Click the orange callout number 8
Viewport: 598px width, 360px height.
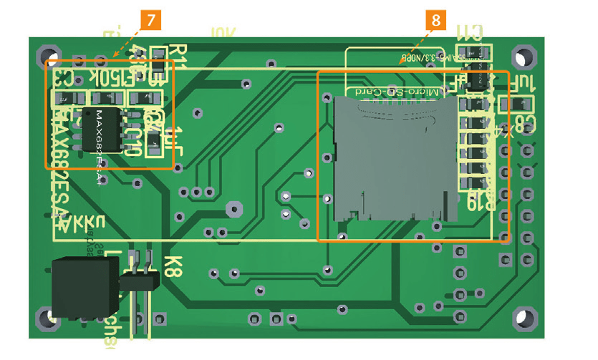[435, 20]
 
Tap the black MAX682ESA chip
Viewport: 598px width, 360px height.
[102, 130]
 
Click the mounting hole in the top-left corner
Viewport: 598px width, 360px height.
[49, 57]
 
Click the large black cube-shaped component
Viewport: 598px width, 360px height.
[82, 288]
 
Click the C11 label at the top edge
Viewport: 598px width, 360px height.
[470, 31]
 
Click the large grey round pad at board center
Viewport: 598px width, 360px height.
[233, 209]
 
